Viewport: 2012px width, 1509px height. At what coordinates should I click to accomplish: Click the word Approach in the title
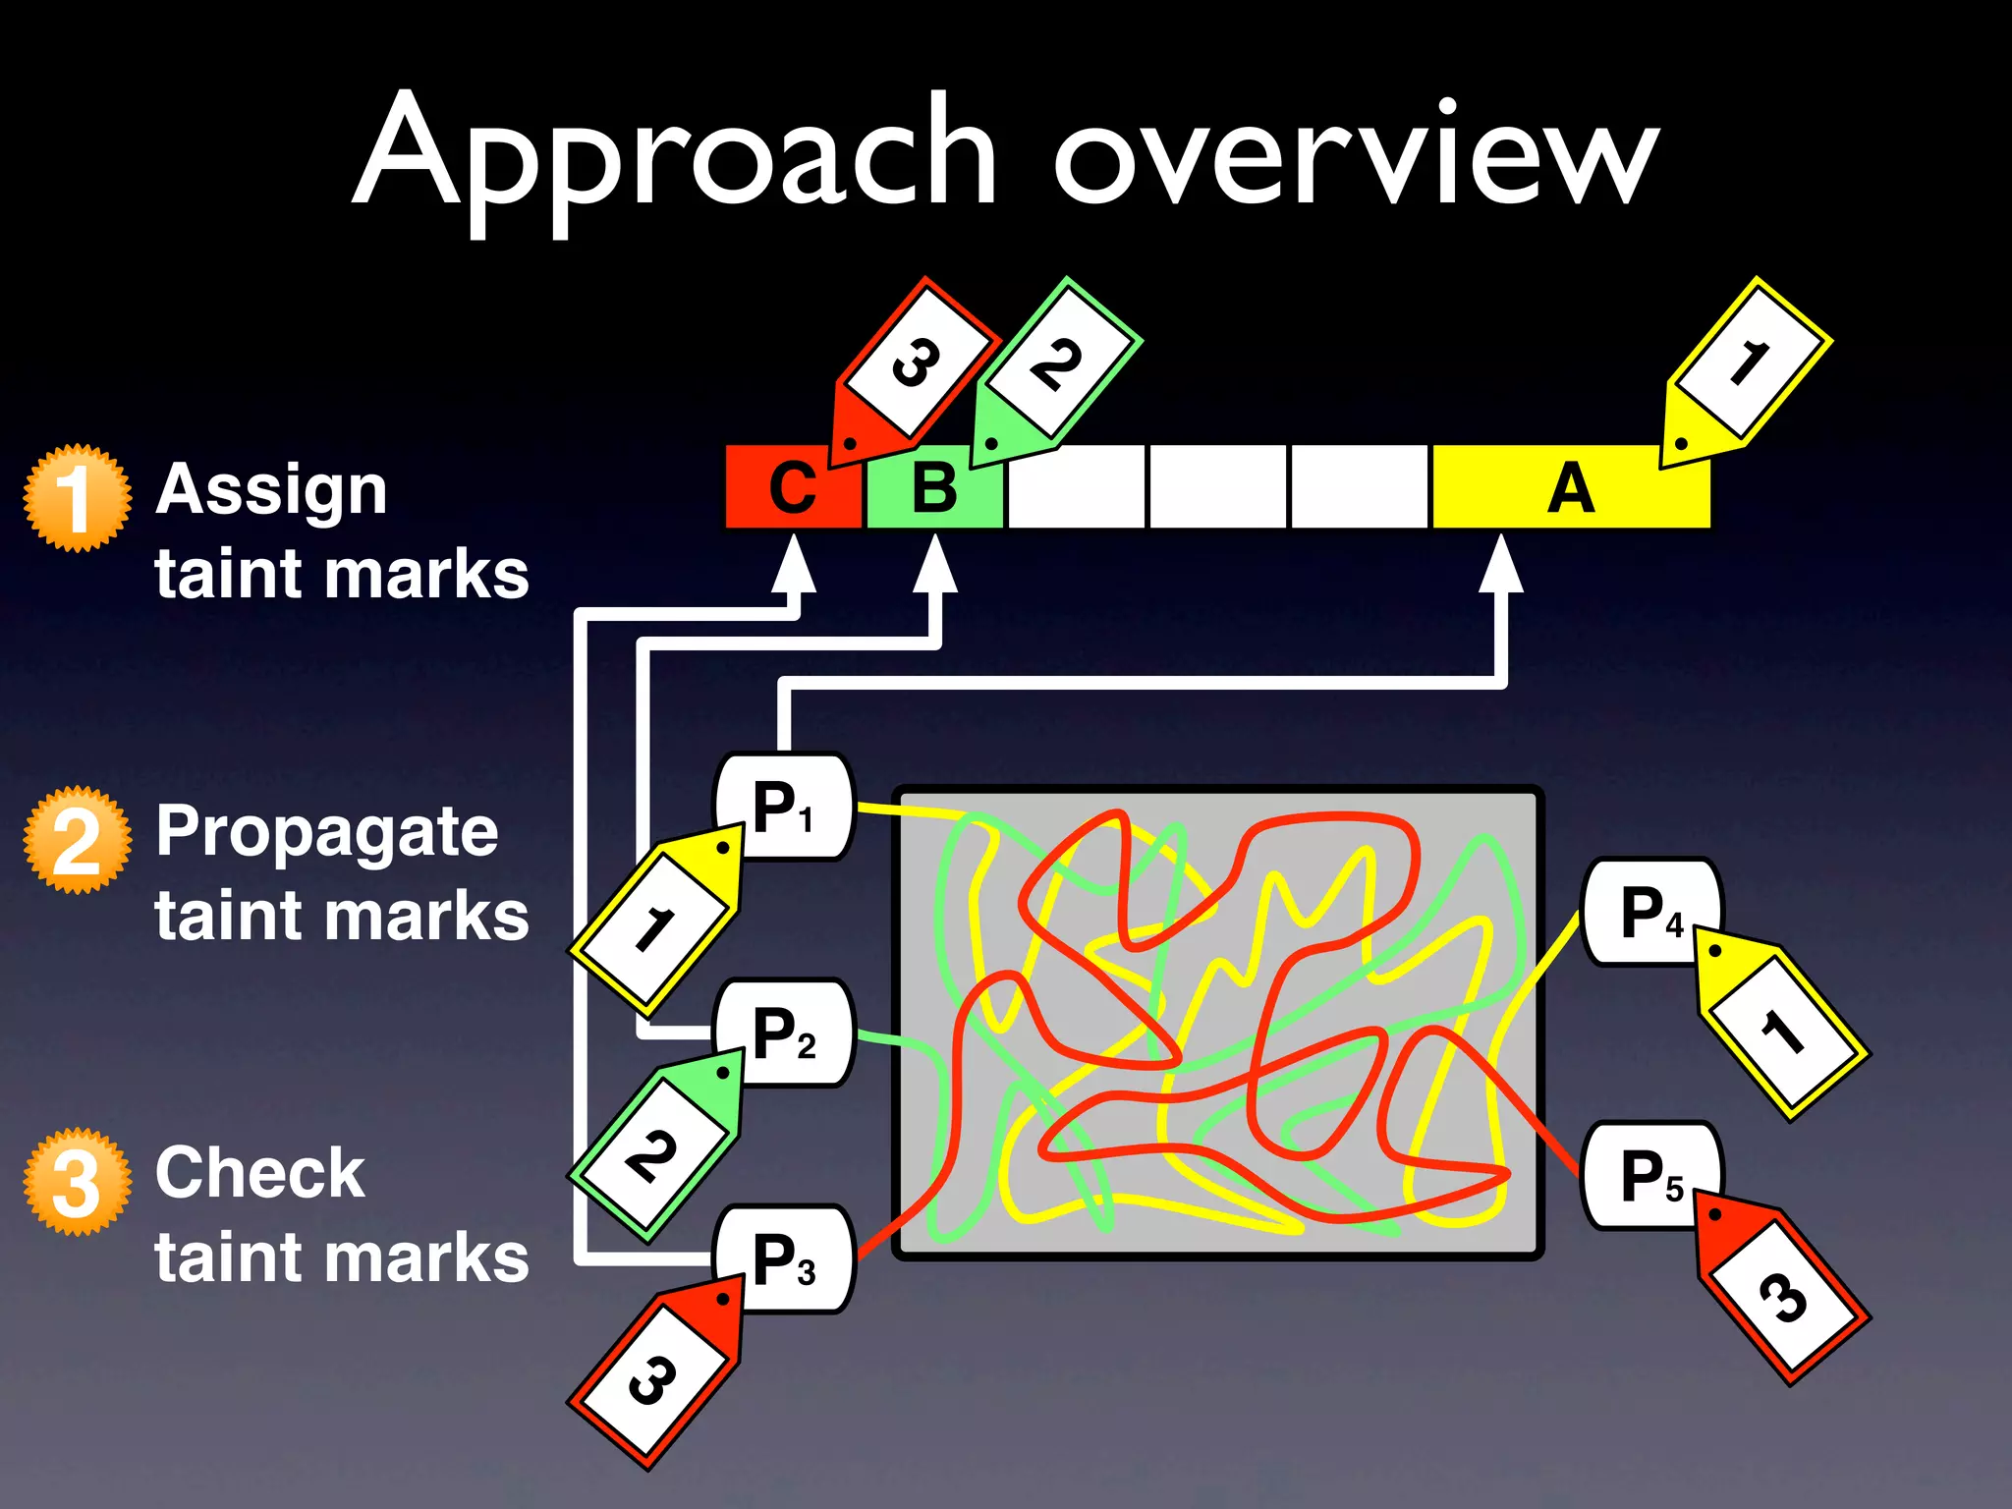676,157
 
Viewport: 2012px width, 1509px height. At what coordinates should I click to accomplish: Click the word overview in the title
1356,157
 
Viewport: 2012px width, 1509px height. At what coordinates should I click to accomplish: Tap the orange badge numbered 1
77,498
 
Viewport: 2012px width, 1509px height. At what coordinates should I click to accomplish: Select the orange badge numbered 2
77,840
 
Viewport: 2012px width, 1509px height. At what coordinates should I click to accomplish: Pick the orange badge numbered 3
77,1182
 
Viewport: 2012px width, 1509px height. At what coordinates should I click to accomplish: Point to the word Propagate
327,832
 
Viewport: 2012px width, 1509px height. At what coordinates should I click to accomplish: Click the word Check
260,1173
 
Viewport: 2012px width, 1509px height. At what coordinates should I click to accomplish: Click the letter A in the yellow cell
1570,488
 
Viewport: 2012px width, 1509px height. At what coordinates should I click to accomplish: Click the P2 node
784,1034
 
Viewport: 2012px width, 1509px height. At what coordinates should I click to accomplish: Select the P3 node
784,1259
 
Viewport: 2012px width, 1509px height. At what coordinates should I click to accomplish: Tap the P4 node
1650,913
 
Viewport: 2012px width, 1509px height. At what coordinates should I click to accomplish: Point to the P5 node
1650,1176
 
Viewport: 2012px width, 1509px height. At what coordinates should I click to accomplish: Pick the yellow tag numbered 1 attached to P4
1780,1032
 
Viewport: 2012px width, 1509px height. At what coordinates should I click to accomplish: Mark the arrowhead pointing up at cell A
1501,565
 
